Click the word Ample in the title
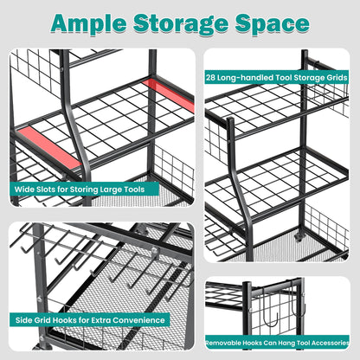[x=88, y=23]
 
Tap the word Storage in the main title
[x=181, y=24]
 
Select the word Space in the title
[x=273, y=24]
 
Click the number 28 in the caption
[x=210, y=78]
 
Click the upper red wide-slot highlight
[x=168, y=93]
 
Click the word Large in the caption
[x=111, y=190]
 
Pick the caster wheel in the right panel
[x=299, y=237]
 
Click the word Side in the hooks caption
[x=23, y=320]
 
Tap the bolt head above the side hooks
[x=155, y=250]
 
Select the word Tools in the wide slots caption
[x=134, y=190]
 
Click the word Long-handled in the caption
[x=245, y=78]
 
